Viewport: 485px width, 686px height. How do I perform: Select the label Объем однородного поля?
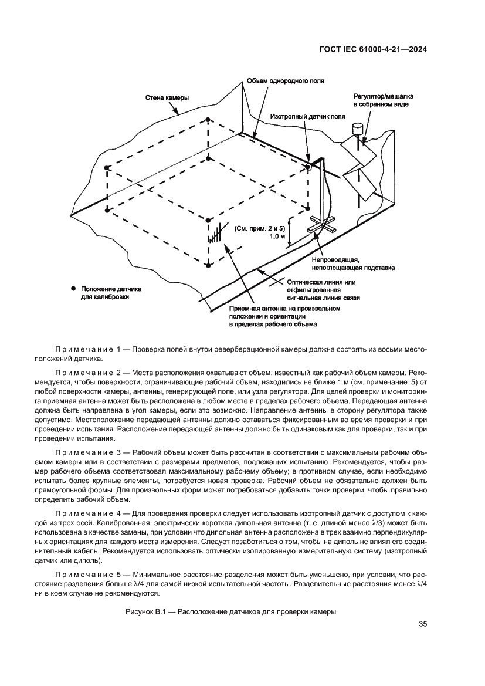(285, 81)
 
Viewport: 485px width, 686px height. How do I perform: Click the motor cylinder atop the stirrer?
(357, 127)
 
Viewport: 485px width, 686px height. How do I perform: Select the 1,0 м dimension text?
(277, 236)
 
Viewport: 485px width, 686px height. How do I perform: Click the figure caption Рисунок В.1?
(230, 611)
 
